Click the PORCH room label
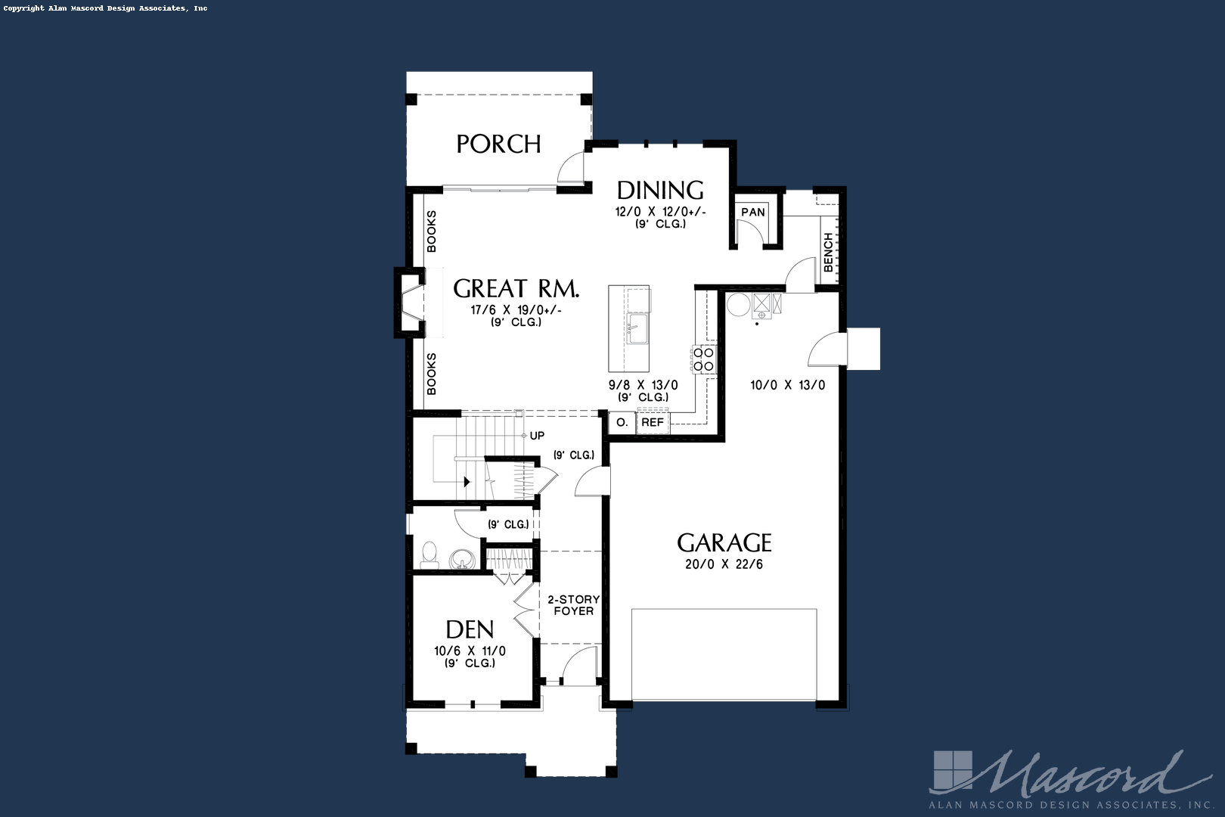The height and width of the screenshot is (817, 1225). (x=498, y=144)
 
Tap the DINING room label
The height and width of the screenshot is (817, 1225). (x=660, y=191)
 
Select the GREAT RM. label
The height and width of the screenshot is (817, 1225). (x=516, y=288)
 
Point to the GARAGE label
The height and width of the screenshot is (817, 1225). (x=724, y=543)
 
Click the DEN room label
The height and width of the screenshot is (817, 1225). (x=470, y=630)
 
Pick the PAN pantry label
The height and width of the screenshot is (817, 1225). (x=753, y=212)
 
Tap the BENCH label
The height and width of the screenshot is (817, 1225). (x=828, y=252)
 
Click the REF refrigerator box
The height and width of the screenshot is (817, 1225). (x=653, y=422)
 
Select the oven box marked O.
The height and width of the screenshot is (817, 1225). (x=622, y=423)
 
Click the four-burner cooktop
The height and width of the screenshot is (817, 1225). (x=704, y=359)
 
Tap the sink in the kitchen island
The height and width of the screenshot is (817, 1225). (x=637, y=328)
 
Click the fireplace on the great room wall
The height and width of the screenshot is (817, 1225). (x=410, y=303)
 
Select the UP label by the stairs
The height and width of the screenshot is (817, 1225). (x=537, y=436)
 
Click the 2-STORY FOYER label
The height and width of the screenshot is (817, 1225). (x=574, y=605)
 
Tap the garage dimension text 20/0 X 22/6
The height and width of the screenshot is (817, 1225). (x=724, y=564)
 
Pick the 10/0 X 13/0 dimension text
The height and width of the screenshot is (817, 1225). (x=787, y=385)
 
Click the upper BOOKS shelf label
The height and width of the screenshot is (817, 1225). (x=432, y=231)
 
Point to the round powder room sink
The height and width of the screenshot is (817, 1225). (x=461, y=560)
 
